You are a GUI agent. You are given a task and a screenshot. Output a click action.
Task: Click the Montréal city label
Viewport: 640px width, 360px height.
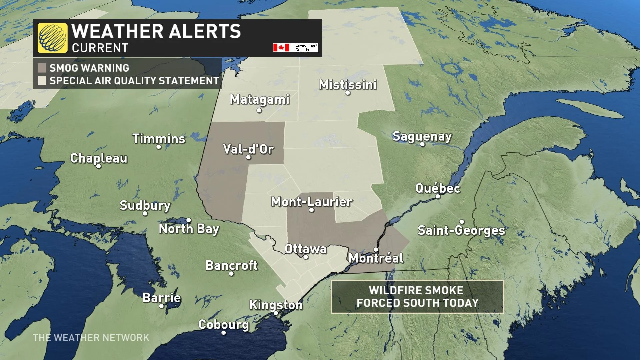pyautogui.click(x=376, y=258)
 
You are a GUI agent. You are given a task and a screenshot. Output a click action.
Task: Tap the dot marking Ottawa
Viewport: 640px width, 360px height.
pyautogui.click(x=306, y=257)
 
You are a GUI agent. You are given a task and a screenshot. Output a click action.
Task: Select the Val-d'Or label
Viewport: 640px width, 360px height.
pyautogui.click(x=248, y=149)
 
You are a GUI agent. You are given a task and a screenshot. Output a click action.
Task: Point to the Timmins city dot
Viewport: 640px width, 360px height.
pyautogui.click(x=159, y=147)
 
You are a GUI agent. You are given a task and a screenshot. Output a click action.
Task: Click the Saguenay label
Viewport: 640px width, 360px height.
pyautogui.click(x=422, y=136)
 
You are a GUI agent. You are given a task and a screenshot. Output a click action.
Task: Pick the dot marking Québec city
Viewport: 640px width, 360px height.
pyautogui.click(x=438, y=196)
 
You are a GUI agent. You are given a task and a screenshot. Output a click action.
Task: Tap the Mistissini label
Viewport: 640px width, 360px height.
pyautogui.click(x=348, y=85)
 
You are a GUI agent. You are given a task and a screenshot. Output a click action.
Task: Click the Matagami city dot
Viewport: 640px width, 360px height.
pyautogui.click(x=259, y=111)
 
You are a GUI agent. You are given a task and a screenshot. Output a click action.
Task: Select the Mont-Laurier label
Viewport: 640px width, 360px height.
pyautogui.click(x=311, y=202)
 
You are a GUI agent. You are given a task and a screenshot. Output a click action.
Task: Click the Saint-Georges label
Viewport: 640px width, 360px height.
pyautogui.click(x=461, y=230)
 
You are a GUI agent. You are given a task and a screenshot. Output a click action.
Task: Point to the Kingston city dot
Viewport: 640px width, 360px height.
pyautogui.click(x=276, y=313)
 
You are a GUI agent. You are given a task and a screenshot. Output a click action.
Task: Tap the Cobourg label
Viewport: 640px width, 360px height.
pyautogui.click(x=224, y=324)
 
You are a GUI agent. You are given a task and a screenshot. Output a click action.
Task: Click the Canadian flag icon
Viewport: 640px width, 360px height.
pyautogui.click(x=281, y=48)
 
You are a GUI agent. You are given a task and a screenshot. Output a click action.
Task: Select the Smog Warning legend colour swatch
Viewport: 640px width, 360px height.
pyautogui.click(x=42, y=68)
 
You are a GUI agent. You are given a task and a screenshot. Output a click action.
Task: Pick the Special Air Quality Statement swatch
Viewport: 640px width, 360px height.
pyautogui.click(x=42, y=81)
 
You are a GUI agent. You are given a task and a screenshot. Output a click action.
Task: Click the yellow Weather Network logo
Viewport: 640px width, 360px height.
pyautogui.click(x=52, y=38)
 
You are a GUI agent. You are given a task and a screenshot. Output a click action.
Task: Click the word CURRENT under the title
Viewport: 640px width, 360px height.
pyautogui.click(x=100, y=48)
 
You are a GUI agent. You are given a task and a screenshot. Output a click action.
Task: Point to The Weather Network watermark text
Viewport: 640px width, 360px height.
pyautogui.click(x=91, y=338)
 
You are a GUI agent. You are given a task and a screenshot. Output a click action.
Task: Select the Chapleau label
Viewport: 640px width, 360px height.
pyautogui.click(x=99, y=158)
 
